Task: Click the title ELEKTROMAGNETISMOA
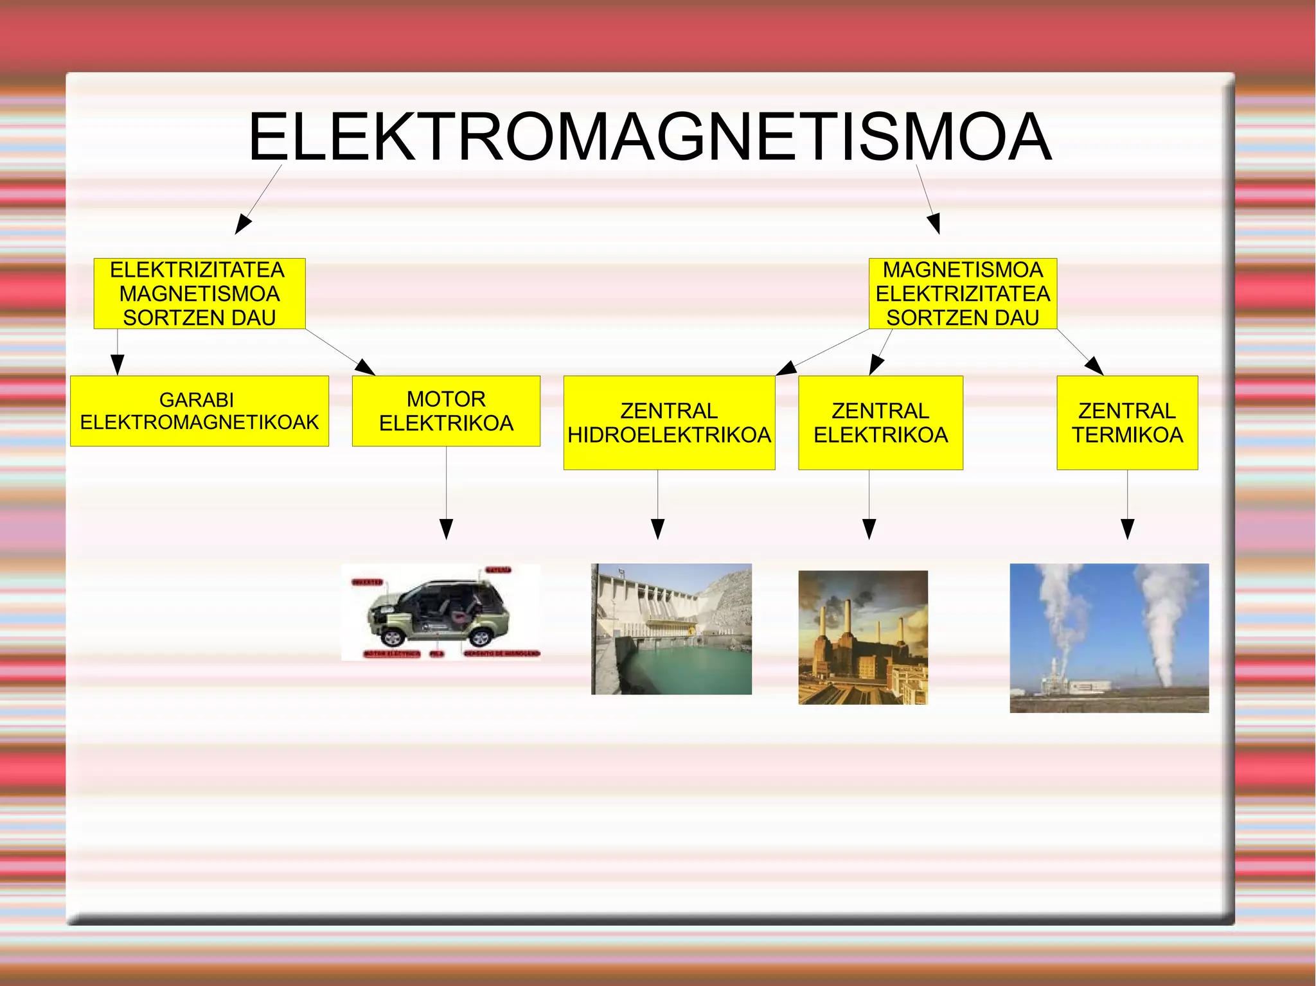(649, 137)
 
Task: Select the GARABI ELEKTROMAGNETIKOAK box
(199, 411)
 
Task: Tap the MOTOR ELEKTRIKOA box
(446, 411)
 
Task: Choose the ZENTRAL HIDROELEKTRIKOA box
(669, 423)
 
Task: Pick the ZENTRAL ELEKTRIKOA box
(880, 423)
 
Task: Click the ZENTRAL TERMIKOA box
(1127, 423)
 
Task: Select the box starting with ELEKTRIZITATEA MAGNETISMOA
(199, 294)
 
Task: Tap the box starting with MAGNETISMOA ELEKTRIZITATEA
(963, 294)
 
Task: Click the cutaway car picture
(441, 612)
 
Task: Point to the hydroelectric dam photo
(671, 629)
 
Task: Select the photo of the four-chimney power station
(863, 637)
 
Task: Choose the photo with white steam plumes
(1109, 638)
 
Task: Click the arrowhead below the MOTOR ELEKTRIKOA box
(446, 529)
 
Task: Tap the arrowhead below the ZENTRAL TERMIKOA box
(1127, 529)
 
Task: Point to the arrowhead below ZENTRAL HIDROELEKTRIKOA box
(657, 529)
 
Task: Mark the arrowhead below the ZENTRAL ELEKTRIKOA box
(869, 529)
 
